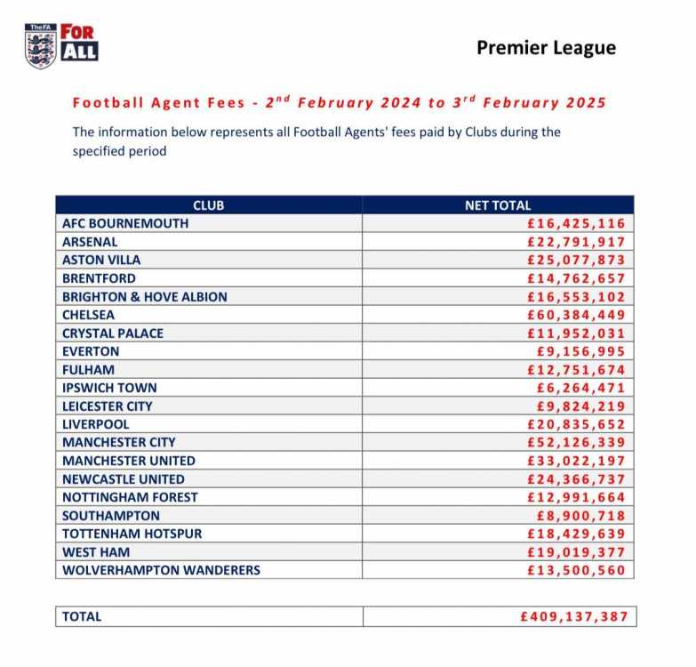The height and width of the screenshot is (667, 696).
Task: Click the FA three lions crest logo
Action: coord(40,46)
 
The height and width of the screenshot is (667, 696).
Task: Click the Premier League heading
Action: coord(546,48)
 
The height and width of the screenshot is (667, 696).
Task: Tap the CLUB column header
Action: coord(209,205)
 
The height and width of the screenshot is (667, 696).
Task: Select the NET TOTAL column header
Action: coord(498,205)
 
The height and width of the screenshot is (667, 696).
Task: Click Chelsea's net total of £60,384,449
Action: coord(576,315)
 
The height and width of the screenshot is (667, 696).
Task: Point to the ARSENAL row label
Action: coord(90,242)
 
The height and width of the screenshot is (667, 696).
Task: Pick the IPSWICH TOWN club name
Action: coord(109,388)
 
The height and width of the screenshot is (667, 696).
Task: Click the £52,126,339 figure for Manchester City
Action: coord(576,442)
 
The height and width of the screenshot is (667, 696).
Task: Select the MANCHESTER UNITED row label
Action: coord(129,461)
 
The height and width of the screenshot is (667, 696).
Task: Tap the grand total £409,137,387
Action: coord(574,616)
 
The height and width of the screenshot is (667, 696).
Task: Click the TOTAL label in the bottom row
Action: coord(82,616)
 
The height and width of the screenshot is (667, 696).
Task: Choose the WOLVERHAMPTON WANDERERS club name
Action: coord(161,570)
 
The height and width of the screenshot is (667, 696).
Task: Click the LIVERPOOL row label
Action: coord(95,424)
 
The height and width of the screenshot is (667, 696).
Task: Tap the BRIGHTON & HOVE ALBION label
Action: coord(145,297)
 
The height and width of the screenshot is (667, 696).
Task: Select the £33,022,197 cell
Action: coord(576,461)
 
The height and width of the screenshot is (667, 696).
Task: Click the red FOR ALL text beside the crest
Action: coord(78,42)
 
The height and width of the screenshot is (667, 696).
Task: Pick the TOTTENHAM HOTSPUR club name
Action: coord(132,534)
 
